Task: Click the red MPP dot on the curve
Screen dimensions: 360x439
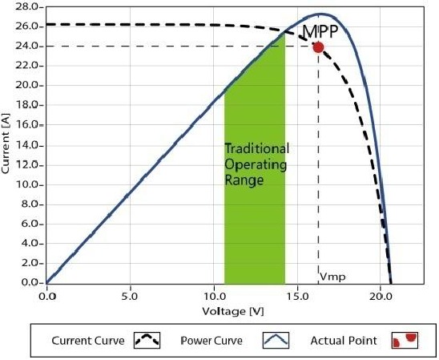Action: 318,47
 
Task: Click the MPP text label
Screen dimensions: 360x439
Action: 320,32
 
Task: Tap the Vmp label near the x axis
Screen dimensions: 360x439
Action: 332,277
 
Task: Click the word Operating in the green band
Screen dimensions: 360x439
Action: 253,165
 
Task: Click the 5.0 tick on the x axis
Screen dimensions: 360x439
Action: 130,295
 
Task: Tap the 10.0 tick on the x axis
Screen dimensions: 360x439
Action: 213,295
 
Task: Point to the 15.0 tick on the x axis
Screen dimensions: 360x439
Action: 297,295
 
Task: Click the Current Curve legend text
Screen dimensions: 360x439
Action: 88,341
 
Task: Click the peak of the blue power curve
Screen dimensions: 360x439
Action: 320,14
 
